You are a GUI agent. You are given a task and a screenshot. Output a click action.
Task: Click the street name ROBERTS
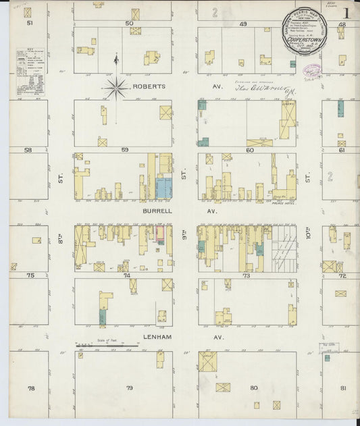click(150, 86)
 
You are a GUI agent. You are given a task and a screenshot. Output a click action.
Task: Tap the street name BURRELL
click(155, 211)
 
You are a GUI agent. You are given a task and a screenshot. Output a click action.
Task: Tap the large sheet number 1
click(345, 14)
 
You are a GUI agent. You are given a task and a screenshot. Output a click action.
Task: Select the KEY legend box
click(32, 72)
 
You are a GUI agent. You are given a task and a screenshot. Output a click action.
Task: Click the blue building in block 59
click(163, 188)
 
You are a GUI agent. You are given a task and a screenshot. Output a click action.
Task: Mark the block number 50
click(129, 24)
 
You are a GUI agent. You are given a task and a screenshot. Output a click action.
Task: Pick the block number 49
click(242, 24)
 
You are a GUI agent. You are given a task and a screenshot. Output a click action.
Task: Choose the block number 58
click(28, 150)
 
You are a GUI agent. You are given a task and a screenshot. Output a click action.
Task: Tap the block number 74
click(126, 275)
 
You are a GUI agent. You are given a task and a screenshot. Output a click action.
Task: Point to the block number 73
click(247, 275)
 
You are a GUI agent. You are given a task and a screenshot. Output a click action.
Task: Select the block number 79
click(129, 388)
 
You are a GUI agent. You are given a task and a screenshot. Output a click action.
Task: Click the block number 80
click(253, 388)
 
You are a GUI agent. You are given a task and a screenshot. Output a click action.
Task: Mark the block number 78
click(30, 388)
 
